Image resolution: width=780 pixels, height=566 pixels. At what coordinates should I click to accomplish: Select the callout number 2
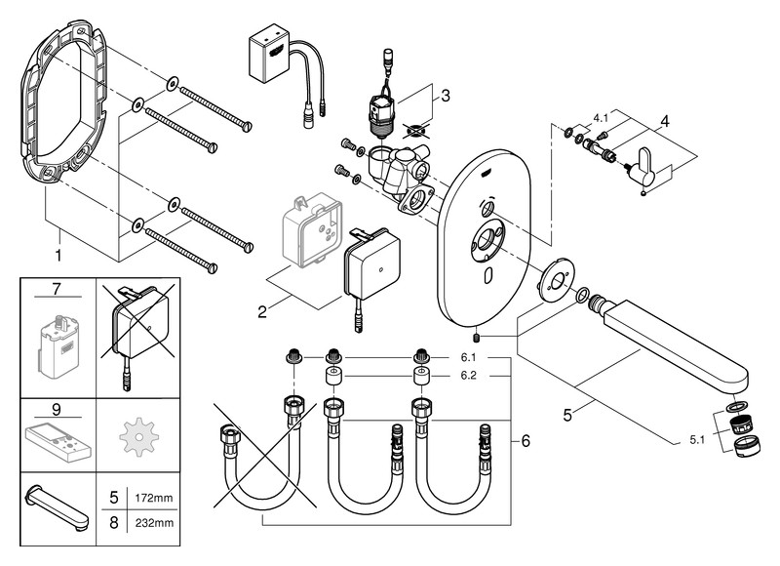pos(261,312)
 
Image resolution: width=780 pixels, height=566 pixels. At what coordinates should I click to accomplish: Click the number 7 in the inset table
pos(58,290)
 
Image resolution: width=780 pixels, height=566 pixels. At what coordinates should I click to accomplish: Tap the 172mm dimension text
pos(154,499)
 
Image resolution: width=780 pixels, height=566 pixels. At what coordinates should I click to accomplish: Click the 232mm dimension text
pos(154,523)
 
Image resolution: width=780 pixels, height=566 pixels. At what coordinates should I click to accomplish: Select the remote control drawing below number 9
pos(58,439)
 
